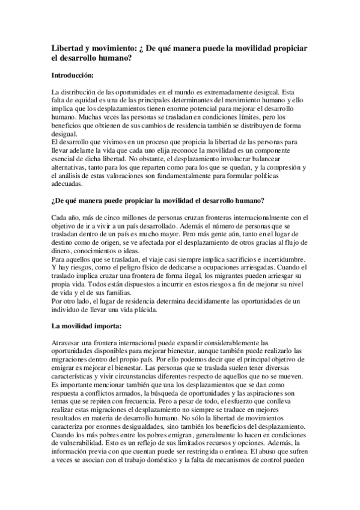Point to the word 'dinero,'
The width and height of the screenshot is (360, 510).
pyautogui.click(x=64, y=251)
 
